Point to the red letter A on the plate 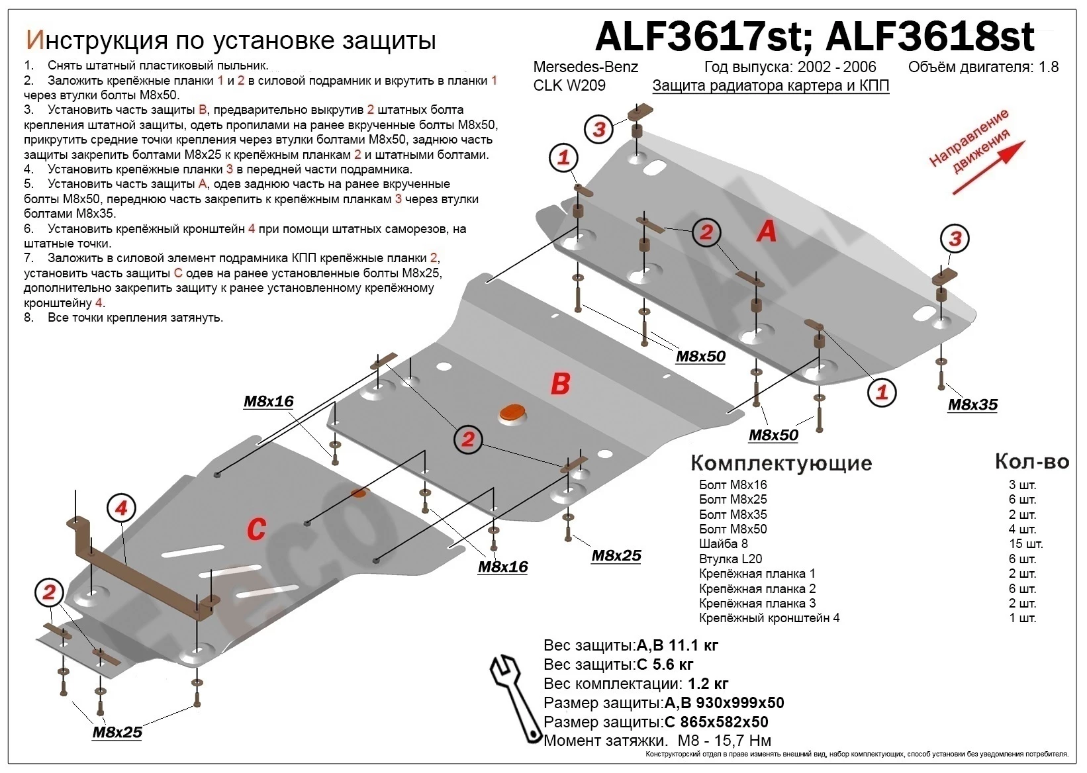pyautogui.click(x=766, y=230)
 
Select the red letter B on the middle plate pyautogui.click(x=560, y=383)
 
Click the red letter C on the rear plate pyautogui.click(x=256, y=529)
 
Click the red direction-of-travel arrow pyautogui.click(x=987, y=168)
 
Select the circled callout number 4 pyautogui.click(x=121, y=508)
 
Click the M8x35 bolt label pyautogui.click(x=972, y=405)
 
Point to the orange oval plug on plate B pyautogui.click(x=512, y=412)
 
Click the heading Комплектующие pyautogui.click(x=781, y=463)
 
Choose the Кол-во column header pyautogui.click(x=1031, y=461)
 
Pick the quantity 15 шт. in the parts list pyautogui.click(x=1025, y=544)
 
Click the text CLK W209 pyautogui.click(x=569, y=86)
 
